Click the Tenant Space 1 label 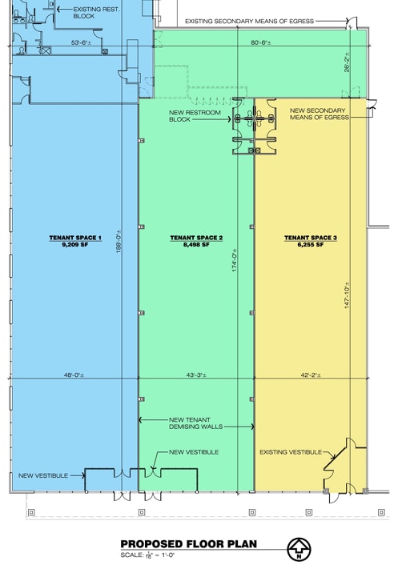[x=77, y=238]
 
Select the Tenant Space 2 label [x=195, y=238]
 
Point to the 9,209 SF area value [x=77, y=245]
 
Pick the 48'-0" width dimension [x=75, y=375]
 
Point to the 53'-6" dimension [x=82, y=42]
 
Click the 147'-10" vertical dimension [x=346, y=296]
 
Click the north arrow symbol [x=300, y=549]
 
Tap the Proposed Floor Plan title [x=188, y=544]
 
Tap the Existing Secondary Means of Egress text [x=249, y=21]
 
